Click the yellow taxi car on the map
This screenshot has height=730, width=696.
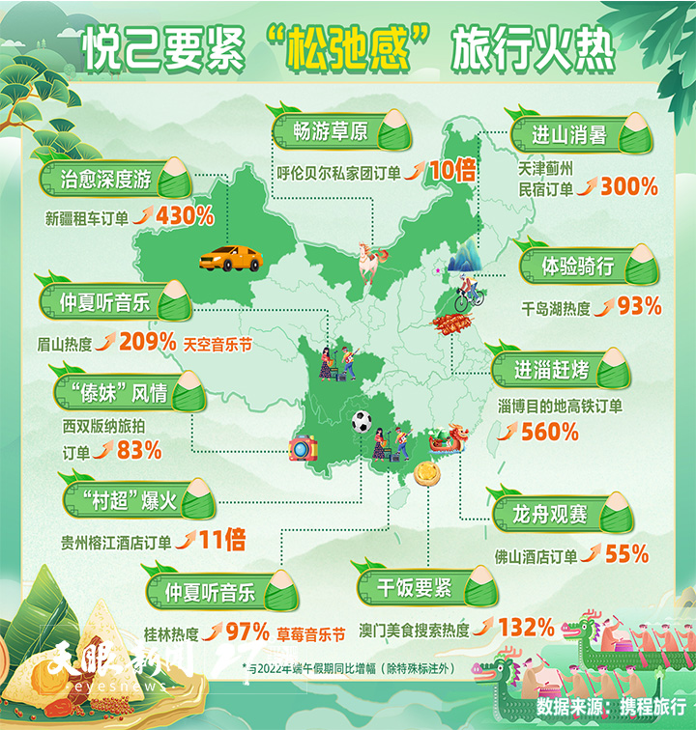tap(231, 258)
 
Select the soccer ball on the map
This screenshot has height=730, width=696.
tap(362, 421)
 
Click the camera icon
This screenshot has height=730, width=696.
tap(304, 448)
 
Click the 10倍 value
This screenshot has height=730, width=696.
tap(451, 172)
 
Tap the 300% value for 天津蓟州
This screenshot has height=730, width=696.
tap(629, 187)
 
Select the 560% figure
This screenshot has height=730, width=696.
tap(549, 432)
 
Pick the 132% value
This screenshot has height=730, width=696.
tap(526, 629)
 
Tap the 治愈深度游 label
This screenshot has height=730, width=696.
tap(106, 179)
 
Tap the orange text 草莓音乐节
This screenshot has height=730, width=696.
tap(310, 634)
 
